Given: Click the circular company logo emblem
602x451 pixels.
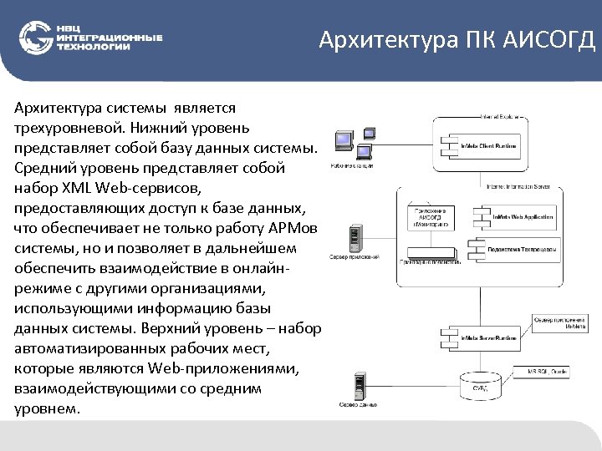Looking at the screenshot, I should tap(35, 38).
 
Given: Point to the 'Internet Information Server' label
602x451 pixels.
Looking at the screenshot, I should tap(518, 187).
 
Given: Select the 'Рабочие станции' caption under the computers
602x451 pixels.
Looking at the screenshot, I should tap(351, 167).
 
